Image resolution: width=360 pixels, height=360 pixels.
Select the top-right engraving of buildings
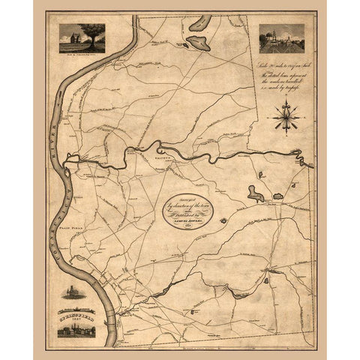tap(277, 39)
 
